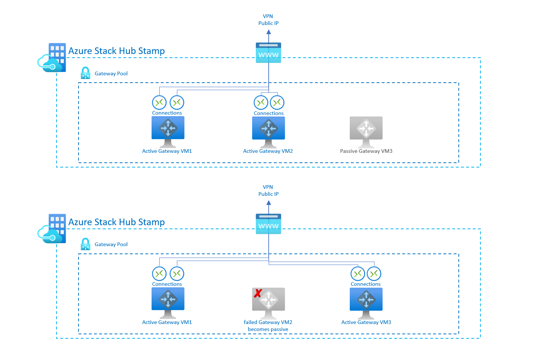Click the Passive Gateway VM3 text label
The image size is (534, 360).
tap(366, 151)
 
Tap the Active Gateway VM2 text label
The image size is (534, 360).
tap(268, 151)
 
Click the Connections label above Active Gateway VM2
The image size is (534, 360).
tap(269, 113)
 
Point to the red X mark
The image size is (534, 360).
tap(258, 293)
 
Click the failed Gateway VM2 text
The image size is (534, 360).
tap(268, 322)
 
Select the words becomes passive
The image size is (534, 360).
tap(268, 329)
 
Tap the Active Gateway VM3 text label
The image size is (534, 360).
tap(366, 322)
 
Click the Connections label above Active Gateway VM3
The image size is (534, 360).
tap(366, 284)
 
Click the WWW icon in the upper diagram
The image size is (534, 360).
tap(268, 53)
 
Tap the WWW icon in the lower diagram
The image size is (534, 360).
tap(268, 224)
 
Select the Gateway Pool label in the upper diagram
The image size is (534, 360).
tap(111, 73)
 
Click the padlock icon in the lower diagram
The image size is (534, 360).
tap(86, 244)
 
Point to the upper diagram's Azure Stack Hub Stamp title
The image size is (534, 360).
tap(116, 51)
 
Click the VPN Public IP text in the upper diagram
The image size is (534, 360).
tap(268, 19)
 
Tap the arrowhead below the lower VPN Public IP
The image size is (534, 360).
tap(269, 203)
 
